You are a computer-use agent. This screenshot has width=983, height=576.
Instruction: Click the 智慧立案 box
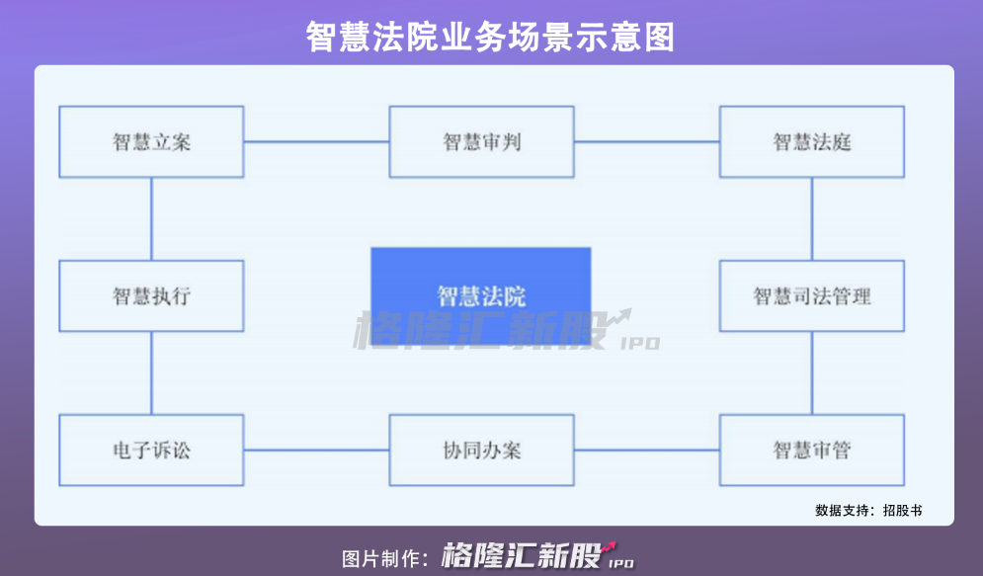coord(151,141)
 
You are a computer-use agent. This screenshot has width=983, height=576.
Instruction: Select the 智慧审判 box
coord(481,141)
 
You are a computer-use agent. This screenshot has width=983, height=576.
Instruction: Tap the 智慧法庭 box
coord(811,141)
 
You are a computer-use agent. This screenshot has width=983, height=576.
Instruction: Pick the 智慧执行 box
coord(151,295)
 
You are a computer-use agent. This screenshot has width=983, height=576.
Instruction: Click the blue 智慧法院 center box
coord(481,295)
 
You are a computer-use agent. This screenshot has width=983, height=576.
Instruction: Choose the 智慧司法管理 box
coord(811,295)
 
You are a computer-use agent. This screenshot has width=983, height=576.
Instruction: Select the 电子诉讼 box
coord(151,451)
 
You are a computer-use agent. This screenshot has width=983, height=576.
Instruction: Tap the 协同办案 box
coord(481,451)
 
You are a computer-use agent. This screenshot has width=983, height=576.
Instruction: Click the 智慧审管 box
coord(811,451)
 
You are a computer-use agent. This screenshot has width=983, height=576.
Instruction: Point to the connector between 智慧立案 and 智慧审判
coord(316,141)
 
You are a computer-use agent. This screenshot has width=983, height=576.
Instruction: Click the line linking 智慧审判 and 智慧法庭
coord(646,141)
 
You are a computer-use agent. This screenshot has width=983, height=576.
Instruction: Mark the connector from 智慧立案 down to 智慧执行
coord(151,218)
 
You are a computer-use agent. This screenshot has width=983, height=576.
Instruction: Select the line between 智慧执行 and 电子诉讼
coord(151,372)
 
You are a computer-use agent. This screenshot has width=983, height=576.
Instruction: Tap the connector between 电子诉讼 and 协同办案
coord(316,451)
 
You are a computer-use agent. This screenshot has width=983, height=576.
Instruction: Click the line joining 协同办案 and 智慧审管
coord(646,451)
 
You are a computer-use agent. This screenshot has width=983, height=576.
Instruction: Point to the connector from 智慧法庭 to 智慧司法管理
coord(811,218)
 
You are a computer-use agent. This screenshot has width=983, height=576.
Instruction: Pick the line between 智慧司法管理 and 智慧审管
coord(811,372)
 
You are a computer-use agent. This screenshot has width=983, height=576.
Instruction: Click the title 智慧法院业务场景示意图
coord(490,37)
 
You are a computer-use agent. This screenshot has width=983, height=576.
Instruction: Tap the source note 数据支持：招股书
coord(868,511)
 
